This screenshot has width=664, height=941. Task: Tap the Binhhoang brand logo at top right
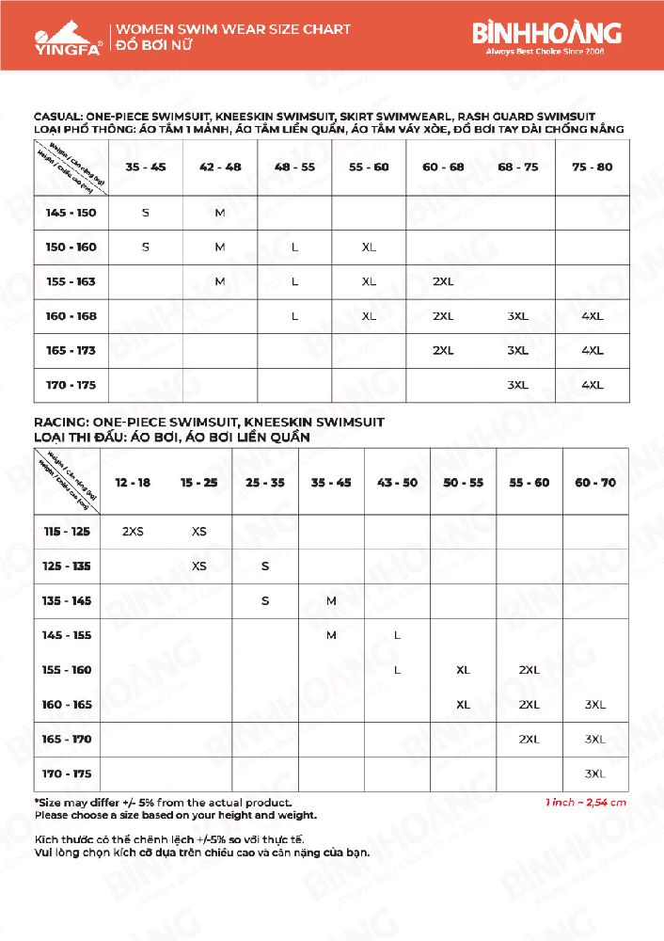(x=546, y=36)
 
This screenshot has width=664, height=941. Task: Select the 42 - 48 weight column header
(x=220, y=167)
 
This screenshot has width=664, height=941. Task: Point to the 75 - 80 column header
(x=593, y=167)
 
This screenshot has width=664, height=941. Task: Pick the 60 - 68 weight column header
(x=443, y=167)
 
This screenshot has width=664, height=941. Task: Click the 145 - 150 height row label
(x=71, y=213)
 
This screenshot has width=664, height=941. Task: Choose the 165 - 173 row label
(x=71, y=350)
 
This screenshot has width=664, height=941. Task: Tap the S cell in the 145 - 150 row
(x=146, y=213)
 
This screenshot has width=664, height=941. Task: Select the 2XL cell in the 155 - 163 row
(x=443, y=281)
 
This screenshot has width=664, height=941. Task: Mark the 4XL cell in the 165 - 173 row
(x=593, y=350)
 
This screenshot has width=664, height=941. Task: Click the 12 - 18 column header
(x=133, y=482)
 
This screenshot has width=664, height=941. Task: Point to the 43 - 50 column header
(x=397, y=482)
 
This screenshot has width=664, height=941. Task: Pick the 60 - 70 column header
(x=595, y=482)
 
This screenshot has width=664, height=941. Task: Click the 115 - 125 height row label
(x=67, y=532)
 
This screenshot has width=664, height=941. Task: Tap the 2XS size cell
(x=133, y=532)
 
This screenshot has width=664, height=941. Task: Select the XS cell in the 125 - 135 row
(x=199, y=566)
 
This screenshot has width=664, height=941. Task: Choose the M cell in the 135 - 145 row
(x=331, y=600)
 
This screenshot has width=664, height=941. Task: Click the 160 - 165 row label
(x=67, y=704)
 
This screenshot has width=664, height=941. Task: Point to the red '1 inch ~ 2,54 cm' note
(x=585, y=803)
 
